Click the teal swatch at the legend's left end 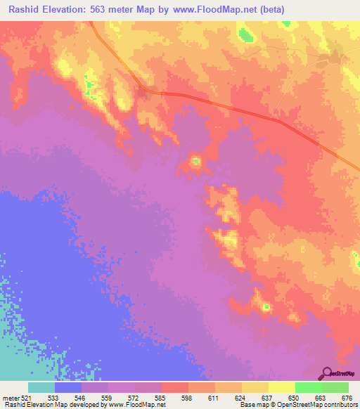pyautogui.click(x=41, y=387)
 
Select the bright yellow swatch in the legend pyautogui.click(x=281, y=387)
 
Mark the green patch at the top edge pyautogui.click(x=245, y=34)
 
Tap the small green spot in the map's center pyautogui.click(x=196, y=162)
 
